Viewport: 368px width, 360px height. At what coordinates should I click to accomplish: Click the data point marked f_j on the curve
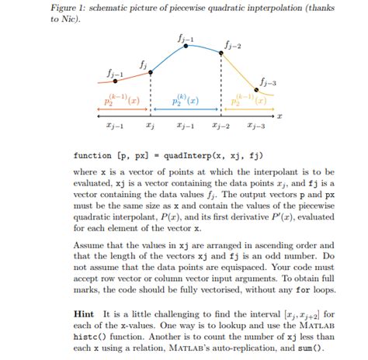pyautogui.click(x=150, y=72)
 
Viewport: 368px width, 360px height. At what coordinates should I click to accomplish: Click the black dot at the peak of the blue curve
pyautogui.click(x=186, y=47)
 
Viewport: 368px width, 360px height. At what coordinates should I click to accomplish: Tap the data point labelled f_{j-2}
pyautogui.click(x=222, y=52)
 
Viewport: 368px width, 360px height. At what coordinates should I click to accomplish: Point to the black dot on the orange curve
pyautogui.click(x=115, y=80)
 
